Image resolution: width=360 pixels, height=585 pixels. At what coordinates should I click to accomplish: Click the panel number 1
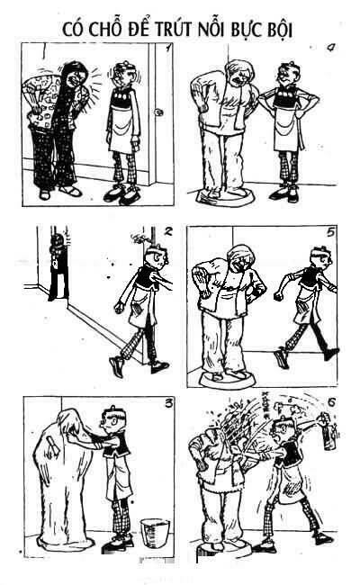coord(168,48)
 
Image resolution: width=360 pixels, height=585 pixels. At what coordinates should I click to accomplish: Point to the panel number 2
coord(168,231)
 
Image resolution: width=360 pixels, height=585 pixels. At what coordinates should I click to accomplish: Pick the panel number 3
coord(169,403)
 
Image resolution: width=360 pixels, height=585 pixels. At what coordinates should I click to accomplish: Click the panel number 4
coord(330,48)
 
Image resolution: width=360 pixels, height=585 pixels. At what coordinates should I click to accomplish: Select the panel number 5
coord(330,232)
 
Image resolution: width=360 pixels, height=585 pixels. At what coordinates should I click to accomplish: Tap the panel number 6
coord(331,402)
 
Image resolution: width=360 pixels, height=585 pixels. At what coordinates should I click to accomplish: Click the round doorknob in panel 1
coord(158,112)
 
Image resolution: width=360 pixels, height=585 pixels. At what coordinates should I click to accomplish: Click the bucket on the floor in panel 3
coord(155,530)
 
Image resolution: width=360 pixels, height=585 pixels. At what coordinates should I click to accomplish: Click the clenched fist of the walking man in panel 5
coord(278,297)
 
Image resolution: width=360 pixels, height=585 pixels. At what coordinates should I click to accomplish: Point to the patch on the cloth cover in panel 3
coord(52,445)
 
